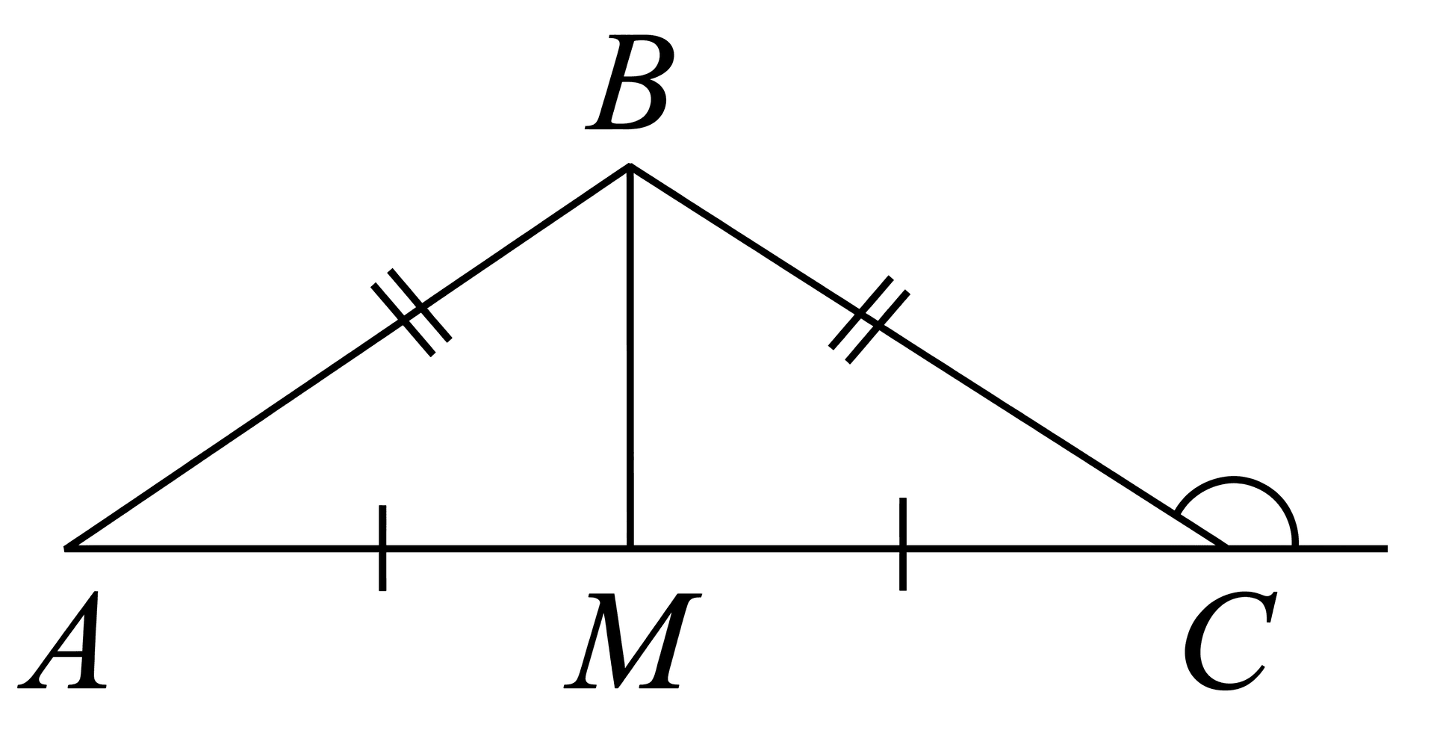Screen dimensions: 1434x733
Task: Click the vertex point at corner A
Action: [66, 548]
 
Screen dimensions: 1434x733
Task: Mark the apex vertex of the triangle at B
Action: [630, 165]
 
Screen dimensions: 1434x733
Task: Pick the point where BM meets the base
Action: [631, 548]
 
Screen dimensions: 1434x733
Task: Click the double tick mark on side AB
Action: [412, 312]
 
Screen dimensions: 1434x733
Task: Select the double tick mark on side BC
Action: [869, 320]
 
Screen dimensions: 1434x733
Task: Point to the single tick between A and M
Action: [382, 548]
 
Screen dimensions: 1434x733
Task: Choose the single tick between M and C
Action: [903, 543]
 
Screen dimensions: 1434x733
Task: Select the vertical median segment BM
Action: [631, 357]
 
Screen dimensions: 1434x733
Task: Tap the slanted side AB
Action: [348, 356]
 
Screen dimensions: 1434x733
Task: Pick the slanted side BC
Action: [928, 356]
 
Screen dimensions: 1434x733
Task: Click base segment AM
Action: [348, 548]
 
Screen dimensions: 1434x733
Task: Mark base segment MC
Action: [929, 548]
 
